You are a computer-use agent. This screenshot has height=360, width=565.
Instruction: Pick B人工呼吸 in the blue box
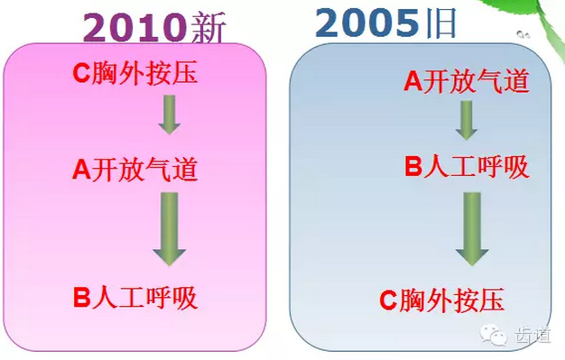[466, 167]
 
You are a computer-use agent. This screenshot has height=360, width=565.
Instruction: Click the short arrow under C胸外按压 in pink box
[169, 115]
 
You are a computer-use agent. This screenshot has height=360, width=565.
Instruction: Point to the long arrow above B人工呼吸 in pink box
[169, 229]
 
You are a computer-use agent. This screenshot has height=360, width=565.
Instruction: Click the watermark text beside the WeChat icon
[532, 336]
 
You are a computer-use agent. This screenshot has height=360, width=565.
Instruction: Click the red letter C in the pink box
[79, 73]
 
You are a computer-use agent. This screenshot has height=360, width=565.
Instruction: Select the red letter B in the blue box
[412, 167]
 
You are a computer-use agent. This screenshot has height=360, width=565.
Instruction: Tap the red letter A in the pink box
[80, 170]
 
